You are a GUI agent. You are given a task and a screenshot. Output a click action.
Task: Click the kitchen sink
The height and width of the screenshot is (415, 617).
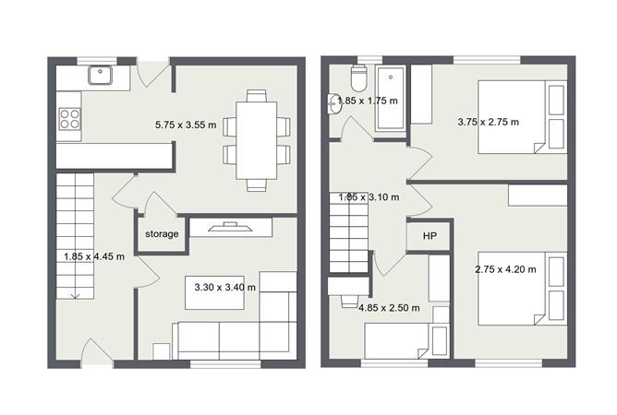(x=101, y=75)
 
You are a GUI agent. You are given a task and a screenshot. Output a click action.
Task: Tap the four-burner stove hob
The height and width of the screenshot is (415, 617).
(x=69, y=119)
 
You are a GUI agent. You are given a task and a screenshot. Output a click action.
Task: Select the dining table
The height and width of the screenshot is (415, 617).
(x=257, y=140)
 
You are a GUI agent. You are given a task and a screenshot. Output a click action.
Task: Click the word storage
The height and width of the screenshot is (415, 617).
(x=162, y=234)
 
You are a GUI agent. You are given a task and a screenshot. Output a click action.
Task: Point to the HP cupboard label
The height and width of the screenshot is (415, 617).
(x=429, y=236)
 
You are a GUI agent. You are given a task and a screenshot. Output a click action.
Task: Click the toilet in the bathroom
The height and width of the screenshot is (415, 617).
(x=359, y=78)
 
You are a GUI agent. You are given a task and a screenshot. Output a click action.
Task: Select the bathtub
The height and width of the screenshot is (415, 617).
(x=391, y=99)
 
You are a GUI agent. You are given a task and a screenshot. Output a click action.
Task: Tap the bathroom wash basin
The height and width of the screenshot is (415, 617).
(x=333, y=104)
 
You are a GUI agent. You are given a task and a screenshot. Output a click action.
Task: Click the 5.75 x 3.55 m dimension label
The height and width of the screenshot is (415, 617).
(x=186, y=125)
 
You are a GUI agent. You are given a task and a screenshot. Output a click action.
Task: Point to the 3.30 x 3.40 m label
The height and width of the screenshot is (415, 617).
(x=225, y=288)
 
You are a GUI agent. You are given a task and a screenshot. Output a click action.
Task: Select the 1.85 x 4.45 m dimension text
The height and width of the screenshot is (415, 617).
(x=94, y=256)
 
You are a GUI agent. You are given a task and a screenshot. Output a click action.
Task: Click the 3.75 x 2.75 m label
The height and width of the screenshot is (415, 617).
(x=489, y=122)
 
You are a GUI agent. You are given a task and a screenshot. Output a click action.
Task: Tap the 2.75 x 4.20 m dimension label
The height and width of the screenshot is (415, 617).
(x=505, y=269)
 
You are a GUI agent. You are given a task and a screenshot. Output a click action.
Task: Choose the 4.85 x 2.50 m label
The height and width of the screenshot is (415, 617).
(x=389, y=308)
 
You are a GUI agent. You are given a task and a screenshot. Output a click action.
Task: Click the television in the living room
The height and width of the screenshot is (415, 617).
(x=230, y=227)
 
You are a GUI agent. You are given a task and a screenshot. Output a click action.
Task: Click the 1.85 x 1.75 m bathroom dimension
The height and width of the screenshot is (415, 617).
(x=368, y=101)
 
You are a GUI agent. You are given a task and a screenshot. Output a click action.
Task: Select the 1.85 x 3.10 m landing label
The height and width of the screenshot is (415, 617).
(x=369, y=196)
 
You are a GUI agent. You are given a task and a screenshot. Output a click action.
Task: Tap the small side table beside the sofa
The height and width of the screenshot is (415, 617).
(x=162, y=351)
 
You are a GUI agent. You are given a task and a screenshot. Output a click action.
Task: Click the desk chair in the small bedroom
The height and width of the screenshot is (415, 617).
(x=348, y=301)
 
